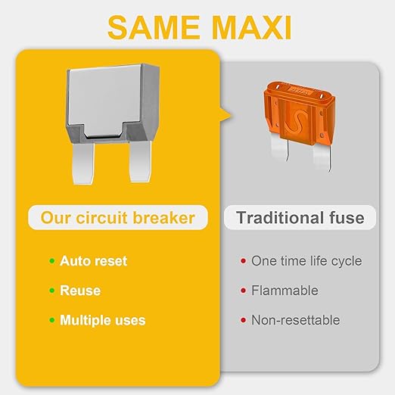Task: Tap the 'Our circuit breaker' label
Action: [117, 219]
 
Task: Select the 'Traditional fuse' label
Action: [300, 219]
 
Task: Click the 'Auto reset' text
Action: [94, 261]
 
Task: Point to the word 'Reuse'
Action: [80, 291]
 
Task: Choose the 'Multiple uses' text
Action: [103, 320]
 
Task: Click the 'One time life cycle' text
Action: [306, 261]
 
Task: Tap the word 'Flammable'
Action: [285, 291]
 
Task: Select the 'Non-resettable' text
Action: [296, 320]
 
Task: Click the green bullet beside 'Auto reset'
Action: [51, 261]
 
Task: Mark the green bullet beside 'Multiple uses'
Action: [51, 320]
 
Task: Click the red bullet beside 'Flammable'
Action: [242, 291]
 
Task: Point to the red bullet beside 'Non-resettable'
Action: [242, 320]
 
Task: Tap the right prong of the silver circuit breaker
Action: [138, 161]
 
